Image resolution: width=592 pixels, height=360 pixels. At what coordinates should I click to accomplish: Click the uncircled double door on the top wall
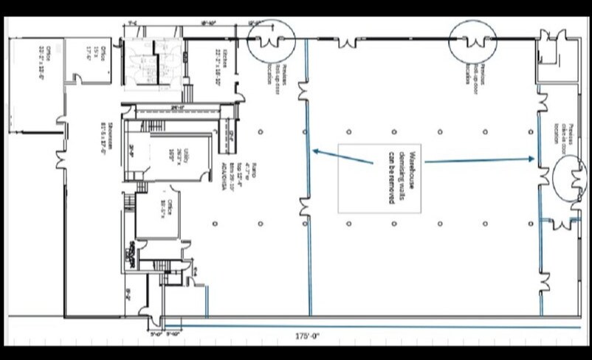point(348,41)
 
